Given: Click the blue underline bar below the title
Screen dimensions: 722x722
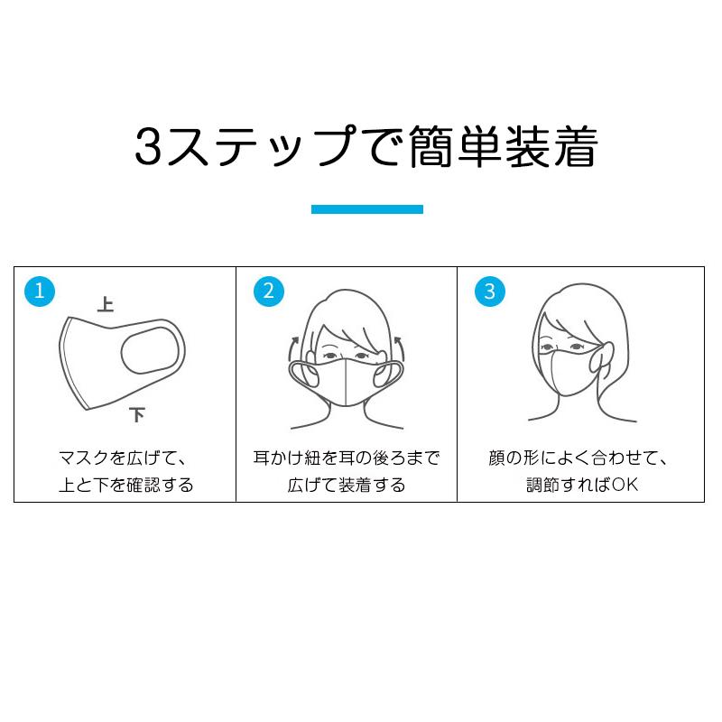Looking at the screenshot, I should (x=366, y=209).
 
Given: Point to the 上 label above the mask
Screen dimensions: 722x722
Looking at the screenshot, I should (x=106, y=305).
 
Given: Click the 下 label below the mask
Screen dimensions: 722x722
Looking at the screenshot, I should (x=137, y=416).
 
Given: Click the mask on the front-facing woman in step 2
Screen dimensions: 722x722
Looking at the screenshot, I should (x=347, y=380).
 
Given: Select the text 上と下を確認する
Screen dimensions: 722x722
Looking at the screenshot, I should (x=125, y=485).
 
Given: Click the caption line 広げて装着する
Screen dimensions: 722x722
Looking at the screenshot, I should (x=347, y=485).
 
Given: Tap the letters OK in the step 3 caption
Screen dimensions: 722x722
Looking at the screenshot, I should (x=625, y=485).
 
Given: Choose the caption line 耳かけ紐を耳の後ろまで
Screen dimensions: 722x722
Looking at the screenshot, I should (x=347, y=458).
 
